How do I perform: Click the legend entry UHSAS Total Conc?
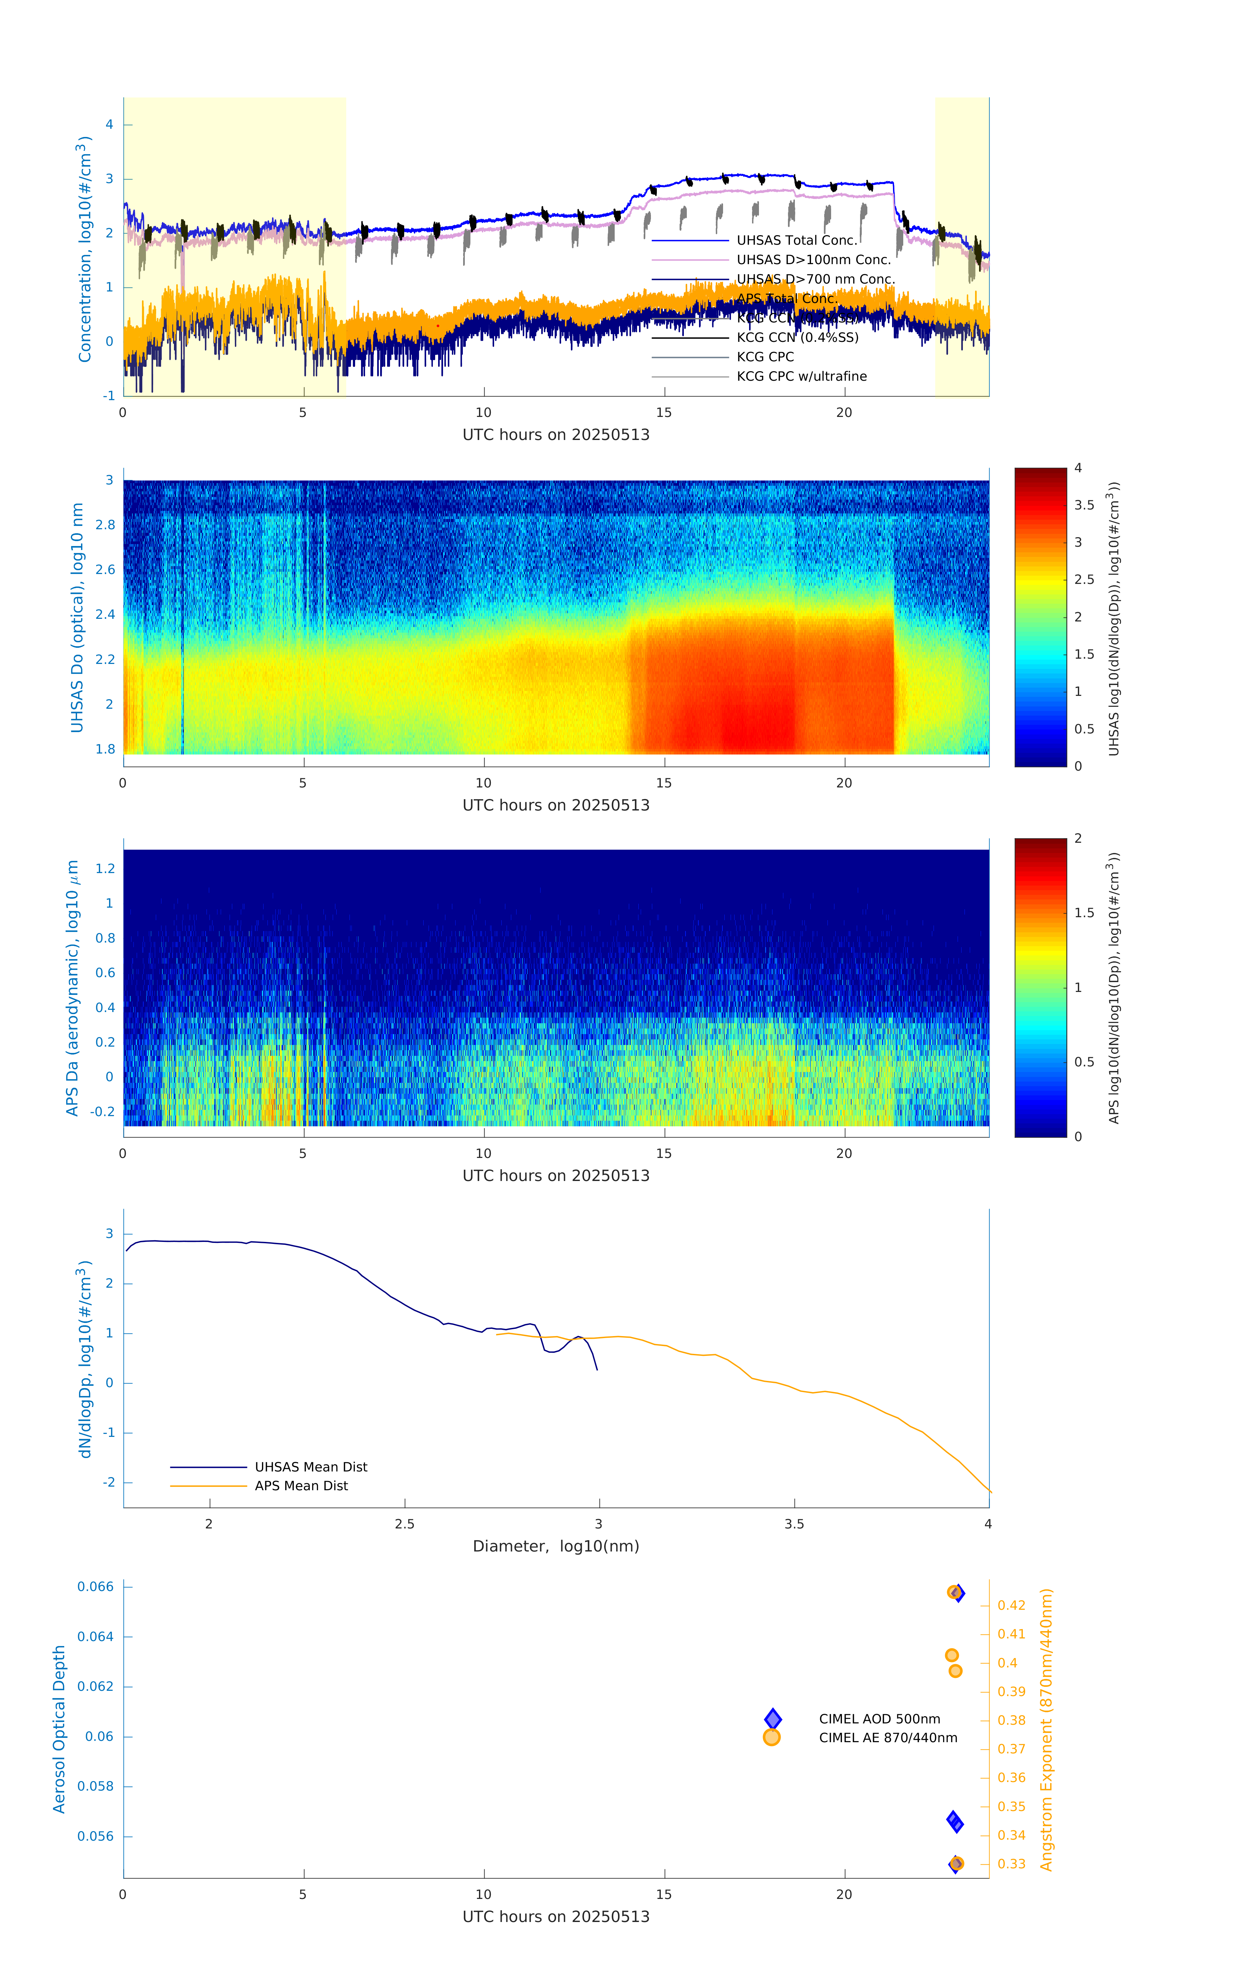[x=796, y=240]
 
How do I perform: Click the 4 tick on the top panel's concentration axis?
[x=109, y=125]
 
